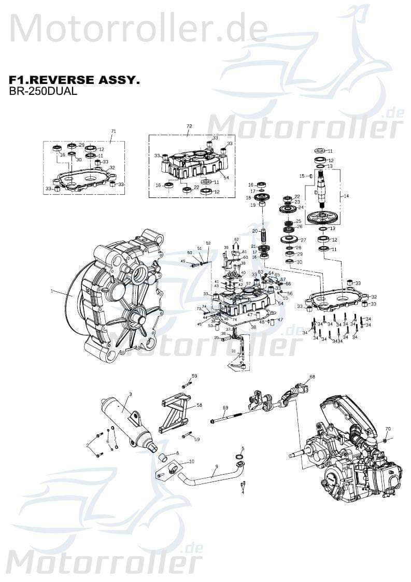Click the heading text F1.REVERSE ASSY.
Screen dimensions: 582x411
pos(74,80)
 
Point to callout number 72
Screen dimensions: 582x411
pos(189,126)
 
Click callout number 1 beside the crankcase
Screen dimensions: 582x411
pos(52,292)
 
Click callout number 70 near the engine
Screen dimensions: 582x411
pos(388,429)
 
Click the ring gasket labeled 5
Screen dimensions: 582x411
pos(240,456)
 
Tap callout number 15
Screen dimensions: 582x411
pos(302,176)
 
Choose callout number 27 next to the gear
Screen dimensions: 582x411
pos(303,240)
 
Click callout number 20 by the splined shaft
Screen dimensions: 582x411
pos(254,231)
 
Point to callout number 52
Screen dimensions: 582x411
pos(208,243)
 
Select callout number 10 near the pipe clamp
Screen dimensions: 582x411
pos(191,461)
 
